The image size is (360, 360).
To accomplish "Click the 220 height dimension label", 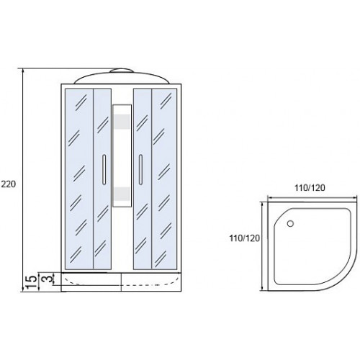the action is (9, 184).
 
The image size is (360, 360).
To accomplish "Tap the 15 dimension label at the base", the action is (30, 282).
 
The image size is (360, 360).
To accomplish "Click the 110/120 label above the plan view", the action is (310, 187).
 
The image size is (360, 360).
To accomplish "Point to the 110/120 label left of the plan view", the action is (245, 238).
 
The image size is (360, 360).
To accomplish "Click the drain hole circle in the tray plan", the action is (290, 224).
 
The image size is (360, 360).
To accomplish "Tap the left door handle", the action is (104, 170).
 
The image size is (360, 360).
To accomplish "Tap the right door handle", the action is (140, 170).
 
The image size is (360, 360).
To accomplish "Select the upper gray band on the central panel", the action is (122, 121).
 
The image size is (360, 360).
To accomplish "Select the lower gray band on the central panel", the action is (122, 194).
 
